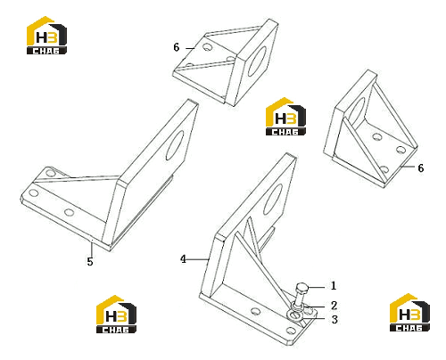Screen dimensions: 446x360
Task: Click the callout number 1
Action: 334,286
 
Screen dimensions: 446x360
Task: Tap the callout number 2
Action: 334,306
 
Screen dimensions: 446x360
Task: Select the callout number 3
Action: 334,320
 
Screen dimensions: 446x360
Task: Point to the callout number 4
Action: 183,259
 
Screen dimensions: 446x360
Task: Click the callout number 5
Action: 90,262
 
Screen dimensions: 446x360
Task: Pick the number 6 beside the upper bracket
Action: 177,47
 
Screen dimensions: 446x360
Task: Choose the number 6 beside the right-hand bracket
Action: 420,168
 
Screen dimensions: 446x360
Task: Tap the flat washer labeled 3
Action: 295,315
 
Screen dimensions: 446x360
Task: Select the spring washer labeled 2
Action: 298,305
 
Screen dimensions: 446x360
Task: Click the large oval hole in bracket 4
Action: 273,200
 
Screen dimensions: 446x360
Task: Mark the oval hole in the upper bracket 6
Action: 257,61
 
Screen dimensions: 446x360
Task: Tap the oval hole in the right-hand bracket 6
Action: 356,110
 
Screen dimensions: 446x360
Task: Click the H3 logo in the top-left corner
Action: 46,35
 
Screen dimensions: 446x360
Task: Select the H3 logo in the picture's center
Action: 285,117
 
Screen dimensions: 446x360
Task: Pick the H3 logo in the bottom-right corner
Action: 409,313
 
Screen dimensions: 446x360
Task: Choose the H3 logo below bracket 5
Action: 116,314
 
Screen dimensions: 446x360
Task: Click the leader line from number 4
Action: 197,259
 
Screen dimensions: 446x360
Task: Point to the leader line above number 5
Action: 92,248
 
